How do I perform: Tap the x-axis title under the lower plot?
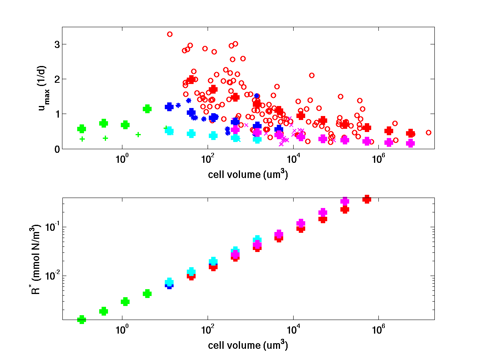[x=248, y=345]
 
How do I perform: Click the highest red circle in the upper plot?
[x=170, y=34]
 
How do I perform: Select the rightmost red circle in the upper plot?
[x=428, y=132]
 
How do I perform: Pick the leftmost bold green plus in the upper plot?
[x=82, y=129]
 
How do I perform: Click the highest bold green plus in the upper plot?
[x=147, y=109]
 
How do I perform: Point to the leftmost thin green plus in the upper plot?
[x=82, y=139]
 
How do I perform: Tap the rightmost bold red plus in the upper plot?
[x=410, y=134]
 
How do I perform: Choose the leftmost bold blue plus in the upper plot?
[x=169, y=107]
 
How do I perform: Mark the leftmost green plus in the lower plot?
[x=82, y=319]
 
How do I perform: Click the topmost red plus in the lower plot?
[x=366, y=199]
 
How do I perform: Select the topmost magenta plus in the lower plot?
[x=345, y=202]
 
